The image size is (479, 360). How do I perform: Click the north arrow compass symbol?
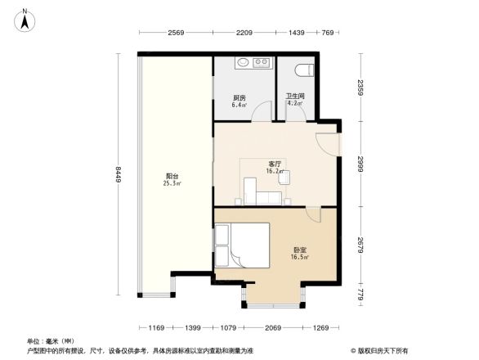(25, 20)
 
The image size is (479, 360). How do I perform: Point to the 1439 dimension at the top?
(297, 33)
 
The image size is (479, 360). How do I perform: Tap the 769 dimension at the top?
(328, 33)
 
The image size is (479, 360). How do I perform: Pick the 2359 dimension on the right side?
(360, 88)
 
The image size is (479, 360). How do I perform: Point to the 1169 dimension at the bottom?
(155, 328)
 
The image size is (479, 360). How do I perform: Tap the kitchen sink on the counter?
(243, 62)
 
